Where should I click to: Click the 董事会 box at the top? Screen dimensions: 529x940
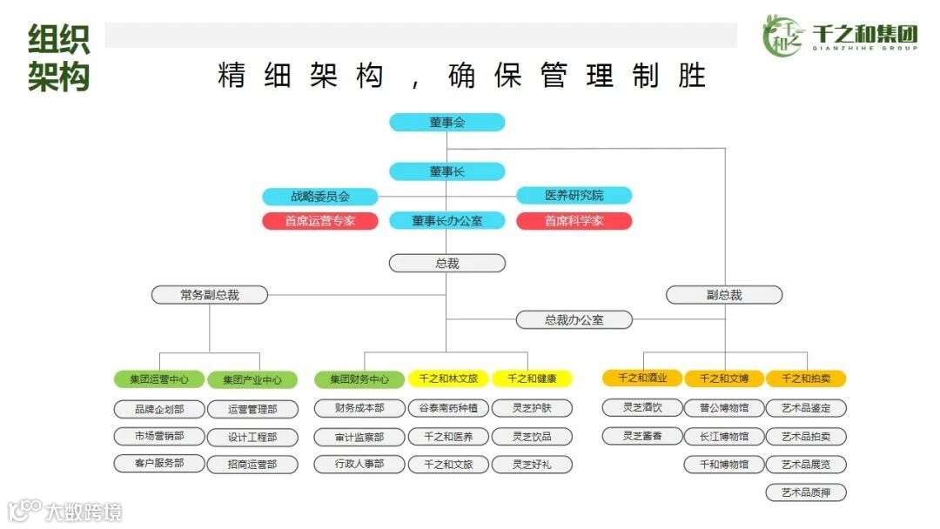pos(446,123)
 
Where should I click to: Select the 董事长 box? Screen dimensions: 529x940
pos(446,171)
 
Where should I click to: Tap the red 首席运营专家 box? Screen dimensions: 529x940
pos(320,221)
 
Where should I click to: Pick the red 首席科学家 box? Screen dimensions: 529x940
pos(574,221)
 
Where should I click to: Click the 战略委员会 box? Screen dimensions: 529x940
pos(320,197)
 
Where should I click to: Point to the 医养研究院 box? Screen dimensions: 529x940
pos(574,196)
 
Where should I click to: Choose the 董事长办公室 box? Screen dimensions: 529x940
pos(446,221)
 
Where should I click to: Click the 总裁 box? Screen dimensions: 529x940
pos(446,263)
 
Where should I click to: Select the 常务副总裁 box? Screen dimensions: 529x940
pos(209,295)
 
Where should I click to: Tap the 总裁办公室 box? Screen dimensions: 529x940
pos(574,320)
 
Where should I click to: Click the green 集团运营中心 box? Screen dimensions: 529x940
pos(159,379)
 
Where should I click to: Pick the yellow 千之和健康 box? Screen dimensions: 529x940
pos(532,378)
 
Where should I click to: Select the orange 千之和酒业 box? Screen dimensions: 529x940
pos(642,378)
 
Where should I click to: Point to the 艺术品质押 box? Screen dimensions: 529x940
pos(806,492)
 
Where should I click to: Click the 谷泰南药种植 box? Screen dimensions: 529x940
pos(448,408)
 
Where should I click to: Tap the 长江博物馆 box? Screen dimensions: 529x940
pos(723,436)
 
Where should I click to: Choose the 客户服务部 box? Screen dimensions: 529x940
pos(159,464)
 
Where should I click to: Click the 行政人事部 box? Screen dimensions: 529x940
pos(359,465)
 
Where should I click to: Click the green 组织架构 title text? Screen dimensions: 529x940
pos(58,58)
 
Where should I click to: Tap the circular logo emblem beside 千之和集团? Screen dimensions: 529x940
pos(782,36)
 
